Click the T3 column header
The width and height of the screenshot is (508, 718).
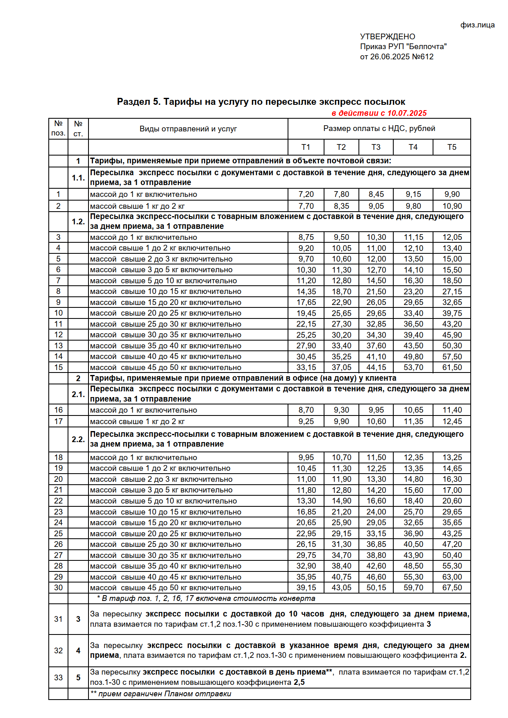click(x=376, y=147)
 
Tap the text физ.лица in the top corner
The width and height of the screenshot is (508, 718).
click(x=477, y=25)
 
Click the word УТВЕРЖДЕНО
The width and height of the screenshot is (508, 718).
click(x=388, y=36)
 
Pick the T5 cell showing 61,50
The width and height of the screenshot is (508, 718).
click(x=452, y=367)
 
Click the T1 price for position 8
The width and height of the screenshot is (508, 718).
click(x=306, y=291)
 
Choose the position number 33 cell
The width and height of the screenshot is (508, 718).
click(x=58, y=677)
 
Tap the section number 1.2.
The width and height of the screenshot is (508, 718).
click(x=78, y=221)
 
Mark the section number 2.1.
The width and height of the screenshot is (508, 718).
click(x=78, y=394)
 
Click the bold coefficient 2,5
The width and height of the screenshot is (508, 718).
click(x=299, y=682)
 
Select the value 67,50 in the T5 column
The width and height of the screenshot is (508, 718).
click(x=452, y=587)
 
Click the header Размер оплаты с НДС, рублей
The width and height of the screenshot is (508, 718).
click(x=379, y=129)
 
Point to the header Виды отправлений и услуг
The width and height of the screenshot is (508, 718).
click(x=188, y=129)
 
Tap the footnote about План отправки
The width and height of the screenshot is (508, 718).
click(x=161, y=694)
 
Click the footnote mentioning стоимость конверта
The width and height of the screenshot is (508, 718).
click(x=206, y=598)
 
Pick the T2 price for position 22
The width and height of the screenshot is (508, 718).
click(x=341, y=501)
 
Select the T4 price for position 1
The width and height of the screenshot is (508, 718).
click(x=413, y=194)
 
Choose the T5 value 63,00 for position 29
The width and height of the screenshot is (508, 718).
click(x=452, y=577)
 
